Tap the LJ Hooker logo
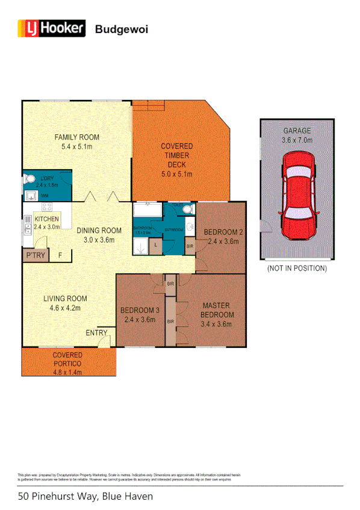point(52,28)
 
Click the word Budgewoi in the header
point(122,28)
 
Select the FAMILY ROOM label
point(76,137)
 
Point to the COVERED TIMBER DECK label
point(176,155)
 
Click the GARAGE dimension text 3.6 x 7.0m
point(297,141)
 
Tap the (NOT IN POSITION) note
point(297,268)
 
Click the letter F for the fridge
point(60,256)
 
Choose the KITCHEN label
point(46,219)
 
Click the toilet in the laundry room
point(29,180)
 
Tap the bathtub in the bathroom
point(147,211)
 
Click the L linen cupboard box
point(155,246)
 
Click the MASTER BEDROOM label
point(217,309)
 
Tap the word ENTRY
point(96,332)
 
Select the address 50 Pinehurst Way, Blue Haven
point(85,497)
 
